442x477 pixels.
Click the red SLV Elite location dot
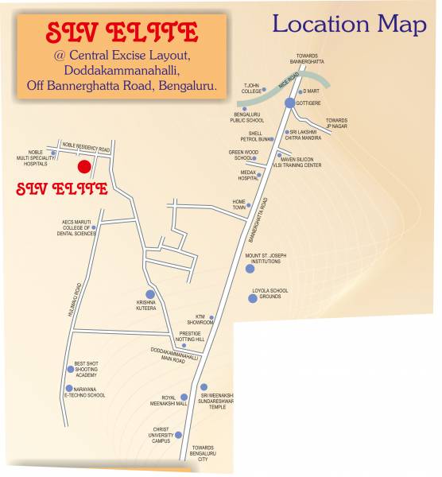coord(83,166)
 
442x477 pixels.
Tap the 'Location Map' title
coord(349,24)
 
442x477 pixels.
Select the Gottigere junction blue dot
coord(289,103)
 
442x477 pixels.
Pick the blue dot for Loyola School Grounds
coord(252,298)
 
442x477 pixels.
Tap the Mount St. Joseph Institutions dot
coord(250,268)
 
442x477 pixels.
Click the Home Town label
coord(238,204)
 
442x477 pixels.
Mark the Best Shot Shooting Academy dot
coord(70,369)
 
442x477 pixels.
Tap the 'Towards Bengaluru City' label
coord(203,453)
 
